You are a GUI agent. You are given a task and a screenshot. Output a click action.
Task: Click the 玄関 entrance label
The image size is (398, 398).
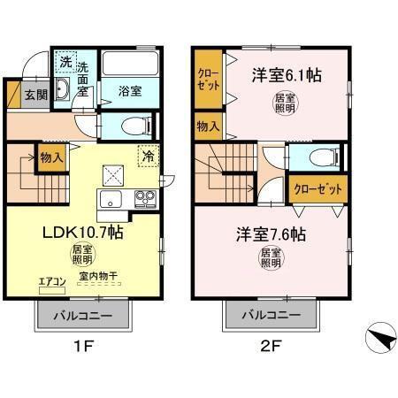(34, 95)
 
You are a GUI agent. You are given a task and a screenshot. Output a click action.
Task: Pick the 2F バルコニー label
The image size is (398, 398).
(267, 314)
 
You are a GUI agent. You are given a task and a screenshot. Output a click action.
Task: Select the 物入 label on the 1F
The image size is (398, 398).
(51, 157)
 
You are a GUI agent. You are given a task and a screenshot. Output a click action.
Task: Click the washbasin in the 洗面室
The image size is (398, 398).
(64, 90)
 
